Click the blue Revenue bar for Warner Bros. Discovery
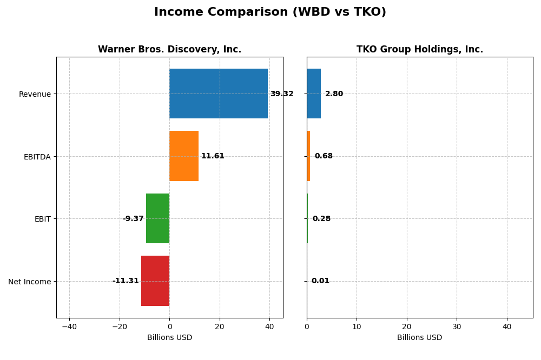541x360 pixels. point(218,94)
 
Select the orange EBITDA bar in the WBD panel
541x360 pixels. point(184,156)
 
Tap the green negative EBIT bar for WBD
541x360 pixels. point(157,218)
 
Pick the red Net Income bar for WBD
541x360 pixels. point(155,281)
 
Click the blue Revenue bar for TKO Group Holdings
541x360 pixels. point(313,94)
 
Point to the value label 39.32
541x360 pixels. point(281,94)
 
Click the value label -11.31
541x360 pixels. point(126,281)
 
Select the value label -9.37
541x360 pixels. point(133,219)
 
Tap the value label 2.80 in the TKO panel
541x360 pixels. point(334,94)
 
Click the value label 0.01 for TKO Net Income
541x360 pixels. point(320,281)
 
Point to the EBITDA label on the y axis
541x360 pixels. point(37,157)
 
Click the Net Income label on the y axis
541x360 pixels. point(29,282)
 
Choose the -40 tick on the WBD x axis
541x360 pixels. point(69,326)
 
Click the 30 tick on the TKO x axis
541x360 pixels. point(457,326)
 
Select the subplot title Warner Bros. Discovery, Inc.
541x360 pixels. point(169,49)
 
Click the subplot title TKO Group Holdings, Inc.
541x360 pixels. point(419,49)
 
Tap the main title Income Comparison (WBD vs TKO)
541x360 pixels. point(270,12)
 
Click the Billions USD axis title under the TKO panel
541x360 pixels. point(419,337)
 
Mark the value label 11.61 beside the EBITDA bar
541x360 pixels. point(213,156)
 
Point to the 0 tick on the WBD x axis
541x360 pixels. point(169,326)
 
